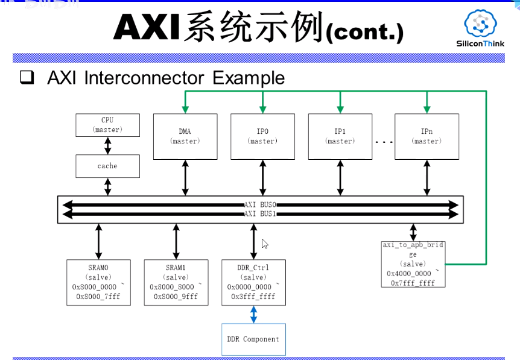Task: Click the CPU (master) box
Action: pyautogui.click(x=107, y=125)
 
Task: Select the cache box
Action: pyautogui.click(x=107, y=166)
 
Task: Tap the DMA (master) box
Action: pyautogui.click(x=185, y=136)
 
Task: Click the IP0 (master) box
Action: pyautogui.click(x=262, y=136)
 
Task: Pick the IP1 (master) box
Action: pyautogui.click(x=340, y=136)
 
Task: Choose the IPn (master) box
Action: pyautogui.click(x=426, y=136)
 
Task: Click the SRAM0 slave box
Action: pyautogui.click(x=98, y=282)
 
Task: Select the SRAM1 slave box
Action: pyautogui.click(x=176, y=282)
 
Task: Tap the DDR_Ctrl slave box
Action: pyautogui.click(x=253, y=282)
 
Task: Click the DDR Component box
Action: pyautogui.click(x=253, y=339)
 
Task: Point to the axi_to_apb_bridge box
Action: pyautogui.click(x=413, y=264)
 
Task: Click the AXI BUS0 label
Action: pyautogui.click(x=260, y=205)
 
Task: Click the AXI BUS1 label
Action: pyautogui.click(x=260, y=213)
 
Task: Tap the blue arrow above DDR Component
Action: pyautogui.click(x=253, y=314)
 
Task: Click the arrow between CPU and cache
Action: pyautogui.click(x=107, y=145)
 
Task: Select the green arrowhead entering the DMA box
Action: pyautogui.click(x=185, y=109)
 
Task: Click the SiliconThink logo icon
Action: pyautogui.click(x=480, y=24)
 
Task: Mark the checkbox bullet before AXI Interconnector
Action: pyautogui.click(x=27, y=78)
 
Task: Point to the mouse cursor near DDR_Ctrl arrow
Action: pyautogui.click(x=264, y=244)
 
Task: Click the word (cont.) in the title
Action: pyautogui.click(x=364, y=33)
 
